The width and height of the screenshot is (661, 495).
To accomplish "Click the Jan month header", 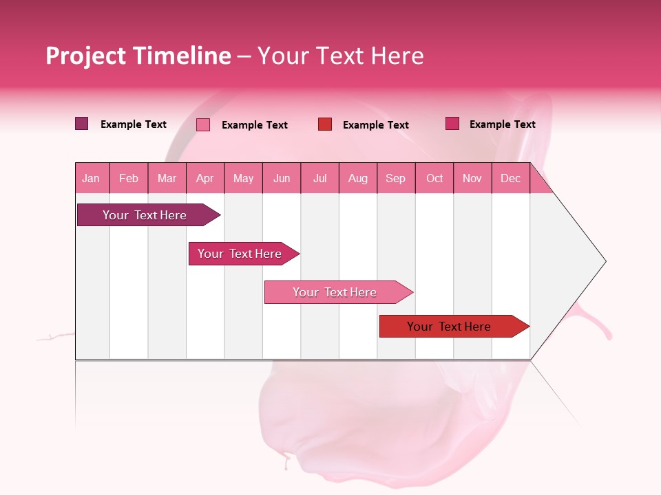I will [92, 178].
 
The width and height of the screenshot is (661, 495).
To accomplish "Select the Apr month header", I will [205, 178].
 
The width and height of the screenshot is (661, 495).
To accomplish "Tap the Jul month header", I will [319, 178].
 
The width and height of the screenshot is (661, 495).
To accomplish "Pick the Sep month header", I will [395, 178].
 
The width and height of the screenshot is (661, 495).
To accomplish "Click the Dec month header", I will [510, 178].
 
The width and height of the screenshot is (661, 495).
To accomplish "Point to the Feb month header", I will [129, 178].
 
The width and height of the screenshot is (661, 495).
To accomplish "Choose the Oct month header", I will [434, 178].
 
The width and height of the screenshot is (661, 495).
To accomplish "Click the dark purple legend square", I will [82, 124].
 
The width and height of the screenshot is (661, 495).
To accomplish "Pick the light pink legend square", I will [203, 124].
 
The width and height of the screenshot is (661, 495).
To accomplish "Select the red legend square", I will [325, 124].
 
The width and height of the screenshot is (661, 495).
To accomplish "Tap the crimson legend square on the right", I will [452, 124].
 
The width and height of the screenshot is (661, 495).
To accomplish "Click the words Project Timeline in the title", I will [138, 56].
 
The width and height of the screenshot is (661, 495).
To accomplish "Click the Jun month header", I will [282, 178].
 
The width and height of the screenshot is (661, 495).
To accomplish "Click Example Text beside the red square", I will [375, 125].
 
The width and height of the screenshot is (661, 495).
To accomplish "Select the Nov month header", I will [472, 178].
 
